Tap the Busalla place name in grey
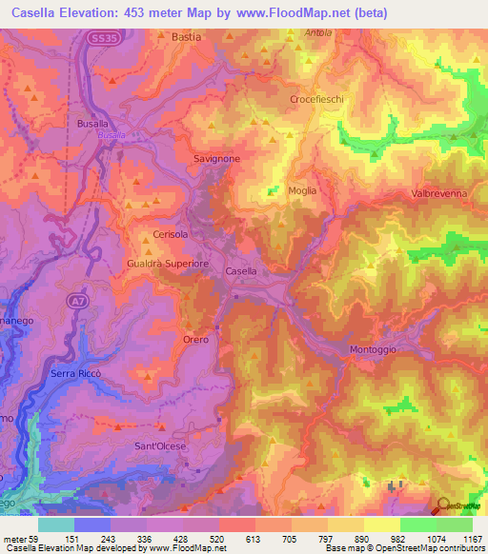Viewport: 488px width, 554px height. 92,125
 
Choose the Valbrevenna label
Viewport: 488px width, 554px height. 438,193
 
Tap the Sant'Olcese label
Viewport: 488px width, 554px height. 159,445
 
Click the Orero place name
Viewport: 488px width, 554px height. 194,339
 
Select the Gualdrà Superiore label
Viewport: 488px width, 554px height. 167,262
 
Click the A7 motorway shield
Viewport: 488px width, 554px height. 75,301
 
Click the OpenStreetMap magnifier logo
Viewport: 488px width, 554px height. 443,505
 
